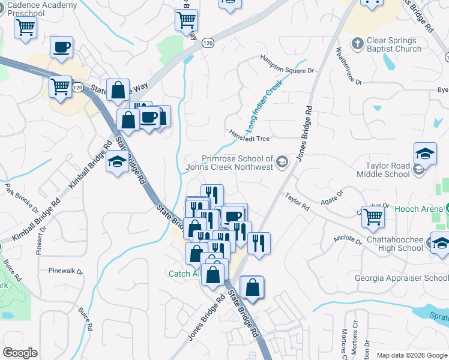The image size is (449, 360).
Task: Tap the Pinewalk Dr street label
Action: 66,271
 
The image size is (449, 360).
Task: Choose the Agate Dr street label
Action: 331,198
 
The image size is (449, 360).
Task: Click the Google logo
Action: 20,353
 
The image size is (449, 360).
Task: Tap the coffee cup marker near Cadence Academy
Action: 62,47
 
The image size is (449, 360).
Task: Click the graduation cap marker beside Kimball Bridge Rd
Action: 117,161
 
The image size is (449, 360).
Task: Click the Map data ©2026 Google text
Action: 412,355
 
